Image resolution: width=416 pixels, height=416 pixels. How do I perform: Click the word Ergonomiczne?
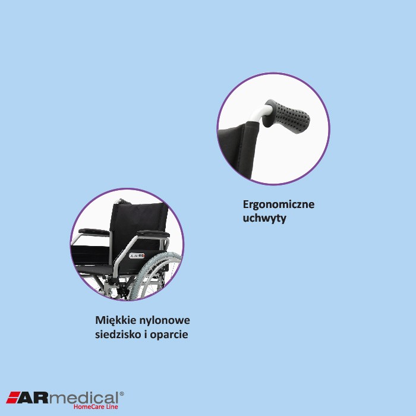pos(278,204)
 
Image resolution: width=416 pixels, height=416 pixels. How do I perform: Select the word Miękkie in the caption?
pos(115,320)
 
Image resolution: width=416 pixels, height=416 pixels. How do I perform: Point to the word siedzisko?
pos(118,335)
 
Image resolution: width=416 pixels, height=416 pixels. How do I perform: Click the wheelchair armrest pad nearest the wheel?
pos(152,233)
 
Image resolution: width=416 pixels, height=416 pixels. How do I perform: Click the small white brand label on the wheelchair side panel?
pos(137,256)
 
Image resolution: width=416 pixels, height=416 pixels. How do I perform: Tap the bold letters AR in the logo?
pos(35,398)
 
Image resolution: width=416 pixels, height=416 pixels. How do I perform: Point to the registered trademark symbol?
pos(122,393)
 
